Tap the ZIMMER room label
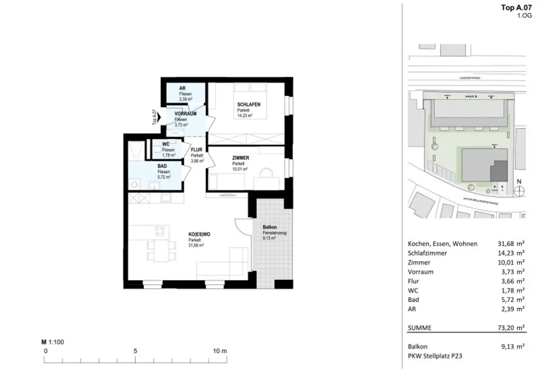241,158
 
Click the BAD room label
163,166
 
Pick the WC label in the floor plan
165,144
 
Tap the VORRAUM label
185,114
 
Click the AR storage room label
182,88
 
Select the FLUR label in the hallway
197,150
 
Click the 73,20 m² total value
510,328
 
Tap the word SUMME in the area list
420,328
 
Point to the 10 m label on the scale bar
220,351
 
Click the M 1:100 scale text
53,341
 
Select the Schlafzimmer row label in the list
427,253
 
